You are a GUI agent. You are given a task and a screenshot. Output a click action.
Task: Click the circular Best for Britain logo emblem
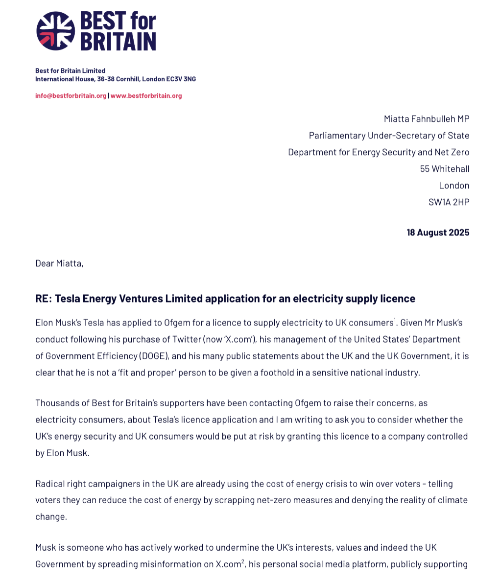55,31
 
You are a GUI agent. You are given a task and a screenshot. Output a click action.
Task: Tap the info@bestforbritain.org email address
71,96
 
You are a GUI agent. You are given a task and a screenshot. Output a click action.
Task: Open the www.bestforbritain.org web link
146,96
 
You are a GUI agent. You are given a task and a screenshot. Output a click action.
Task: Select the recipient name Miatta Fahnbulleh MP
427,119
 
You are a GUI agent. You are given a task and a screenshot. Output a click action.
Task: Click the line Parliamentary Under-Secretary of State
389,136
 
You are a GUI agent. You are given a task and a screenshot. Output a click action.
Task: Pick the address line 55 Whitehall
444,169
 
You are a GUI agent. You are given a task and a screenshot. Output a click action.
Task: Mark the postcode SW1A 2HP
449,202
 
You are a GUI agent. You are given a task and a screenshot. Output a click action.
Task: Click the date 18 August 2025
438,233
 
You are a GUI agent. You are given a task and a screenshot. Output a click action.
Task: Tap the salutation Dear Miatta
59,263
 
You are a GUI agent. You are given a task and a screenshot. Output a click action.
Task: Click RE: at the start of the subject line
43,299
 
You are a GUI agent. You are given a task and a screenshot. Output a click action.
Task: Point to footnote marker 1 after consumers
395,320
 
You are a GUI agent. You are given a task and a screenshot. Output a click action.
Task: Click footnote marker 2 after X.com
242,561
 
